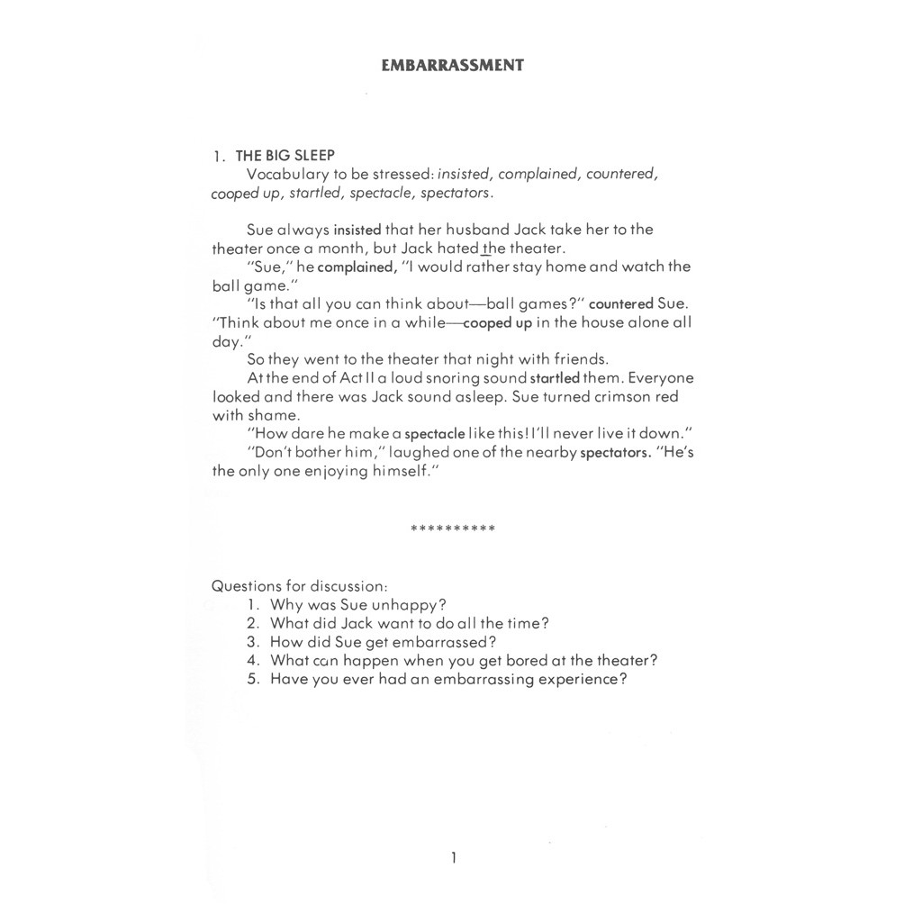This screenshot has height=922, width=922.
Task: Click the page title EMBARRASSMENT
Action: (x=452, y=65)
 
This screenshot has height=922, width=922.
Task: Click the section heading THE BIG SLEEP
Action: (x=285, y=155)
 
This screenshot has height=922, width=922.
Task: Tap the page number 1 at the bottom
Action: (x=453, y=858)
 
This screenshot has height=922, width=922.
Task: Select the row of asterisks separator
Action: (x=452, y=529)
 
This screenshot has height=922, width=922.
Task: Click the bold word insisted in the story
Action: (x=357, y=230)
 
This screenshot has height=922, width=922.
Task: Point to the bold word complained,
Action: (x=357, y=267)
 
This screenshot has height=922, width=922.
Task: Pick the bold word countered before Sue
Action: (x=620, y=304)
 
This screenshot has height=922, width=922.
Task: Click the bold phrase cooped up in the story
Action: (x=497, y=323)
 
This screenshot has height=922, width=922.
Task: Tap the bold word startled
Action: (x=555, y=379)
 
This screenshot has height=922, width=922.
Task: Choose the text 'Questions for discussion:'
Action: (x=299, y=585)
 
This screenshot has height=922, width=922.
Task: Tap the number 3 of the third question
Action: (x=253, y=642)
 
